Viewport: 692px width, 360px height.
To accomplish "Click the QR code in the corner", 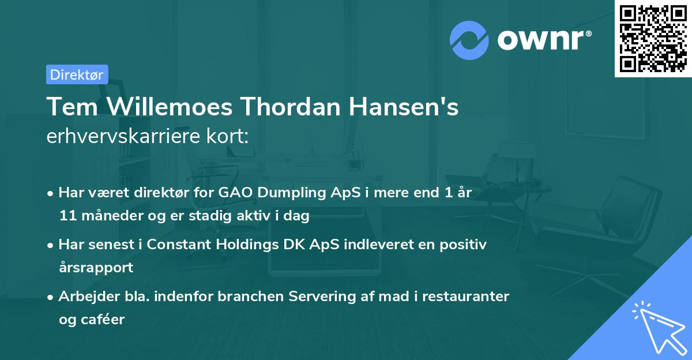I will pos(652,39).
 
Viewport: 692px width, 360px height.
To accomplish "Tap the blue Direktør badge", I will pos(77,74).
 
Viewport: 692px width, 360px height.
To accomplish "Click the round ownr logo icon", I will pos(469,40).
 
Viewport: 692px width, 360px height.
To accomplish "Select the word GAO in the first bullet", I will pos(234,193).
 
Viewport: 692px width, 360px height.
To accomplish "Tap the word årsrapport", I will pos(96,268).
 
